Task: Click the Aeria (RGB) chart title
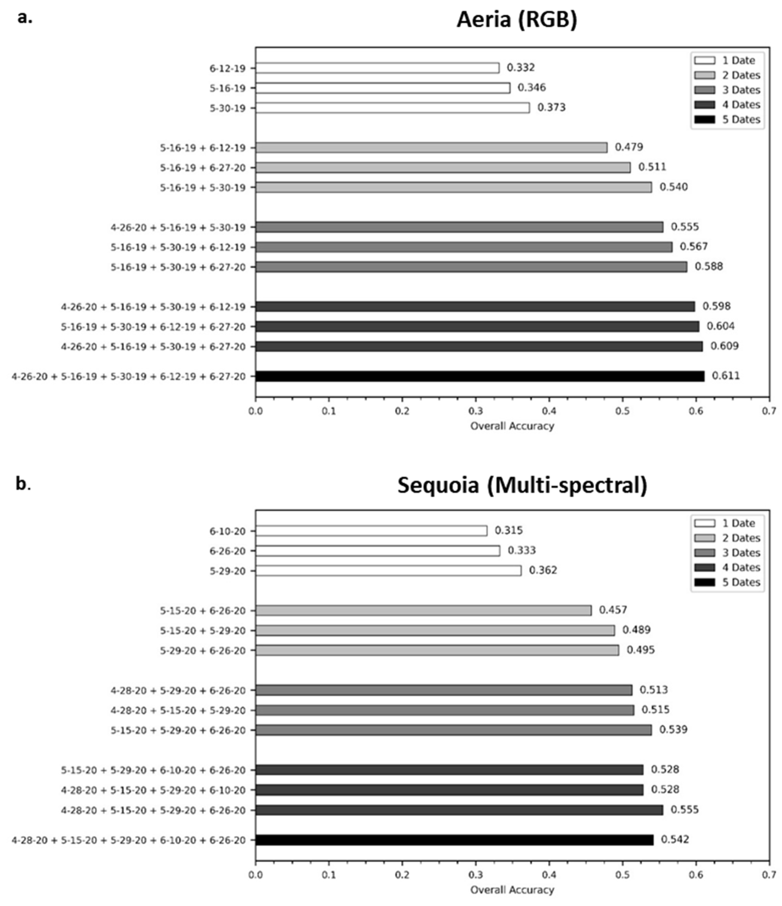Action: click(517, 20)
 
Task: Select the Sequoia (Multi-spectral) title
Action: click(522, 485)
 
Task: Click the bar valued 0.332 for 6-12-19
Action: click(377, 68)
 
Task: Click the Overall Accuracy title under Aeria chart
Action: click(512, 426)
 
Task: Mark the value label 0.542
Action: click(675, 840)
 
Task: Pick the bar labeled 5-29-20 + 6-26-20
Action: click(437, 650)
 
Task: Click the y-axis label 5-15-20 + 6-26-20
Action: click(203, 610)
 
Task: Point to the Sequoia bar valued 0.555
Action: click(459, 810)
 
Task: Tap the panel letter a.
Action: click(24, 18)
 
